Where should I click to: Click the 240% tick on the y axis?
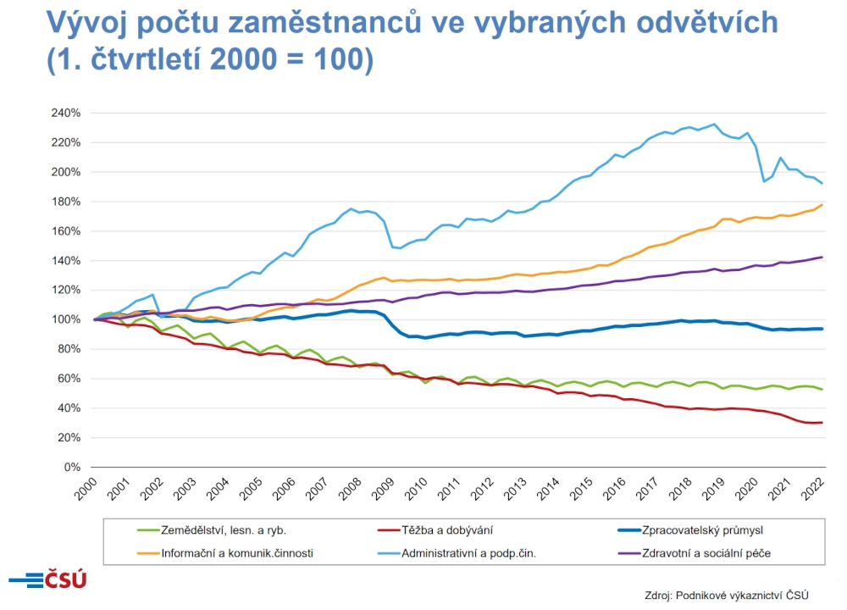(x=66, y=113)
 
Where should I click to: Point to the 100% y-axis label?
(x=66, y=319)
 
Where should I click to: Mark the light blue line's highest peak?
(x=715, y=125)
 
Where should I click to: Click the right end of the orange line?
(x=822, y=205)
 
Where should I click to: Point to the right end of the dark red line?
(x=822, y=423)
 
